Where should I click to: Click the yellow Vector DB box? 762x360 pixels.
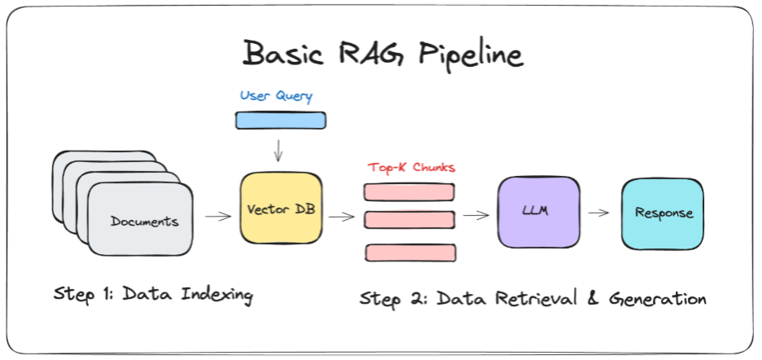[281, 209]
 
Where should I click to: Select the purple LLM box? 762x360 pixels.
[538, 212]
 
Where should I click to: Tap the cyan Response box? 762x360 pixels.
[663, 214]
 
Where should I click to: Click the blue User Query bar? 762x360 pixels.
[280, 121]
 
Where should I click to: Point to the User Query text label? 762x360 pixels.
[276, 96]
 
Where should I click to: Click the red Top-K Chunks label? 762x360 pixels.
[411, 168]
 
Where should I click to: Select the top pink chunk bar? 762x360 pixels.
[409, 191]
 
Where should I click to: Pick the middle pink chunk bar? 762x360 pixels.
[409, 219]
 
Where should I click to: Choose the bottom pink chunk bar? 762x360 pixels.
[410, 253]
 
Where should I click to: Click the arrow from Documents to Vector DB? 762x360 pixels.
[218, 217]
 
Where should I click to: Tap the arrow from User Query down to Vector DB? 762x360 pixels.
[278, 151]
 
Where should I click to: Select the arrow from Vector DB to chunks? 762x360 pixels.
[342, 217]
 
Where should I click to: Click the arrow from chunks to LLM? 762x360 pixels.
[475, 214]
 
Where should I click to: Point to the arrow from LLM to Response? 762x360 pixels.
[598, 213]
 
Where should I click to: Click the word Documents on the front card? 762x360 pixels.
[144, 222]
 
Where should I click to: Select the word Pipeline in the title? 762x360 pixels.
[471, 55]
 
